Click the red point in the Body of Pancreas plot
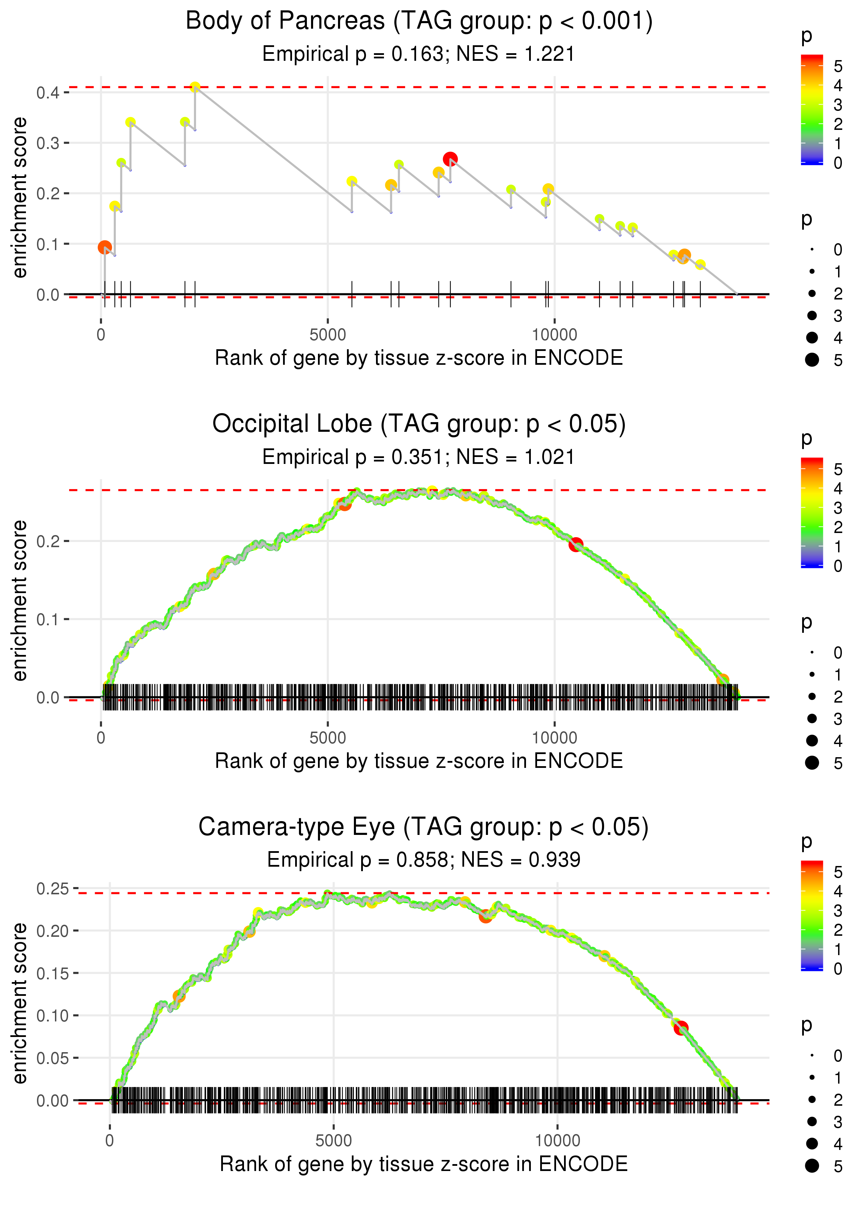coord(450,159)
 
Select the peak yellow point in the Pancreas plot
coord(195,87)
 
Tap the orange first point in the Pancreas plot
coord(105,247)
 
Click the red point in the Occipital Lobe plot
coord(576,544)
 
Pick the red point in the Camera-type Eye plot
coord(681,1028)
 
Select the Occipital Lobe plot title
coord(419,424)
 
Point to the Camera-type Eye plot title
coord(423,827)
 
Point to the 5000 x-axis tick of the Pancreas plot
coord(328,335)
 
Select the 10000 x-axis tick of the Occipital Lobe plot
coord(554,738)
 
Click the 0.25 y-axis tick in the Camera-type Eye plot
coord(53,888)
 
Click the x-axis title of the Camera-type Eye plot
coord(423,1164)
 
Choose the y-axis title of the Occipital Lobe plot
coord(20,600)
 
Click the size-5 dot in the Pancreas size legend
coord(812,360)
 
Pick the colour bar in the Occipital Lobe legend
coord(812,513)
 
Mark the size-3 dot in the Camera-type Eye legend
coord(812,1121)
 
